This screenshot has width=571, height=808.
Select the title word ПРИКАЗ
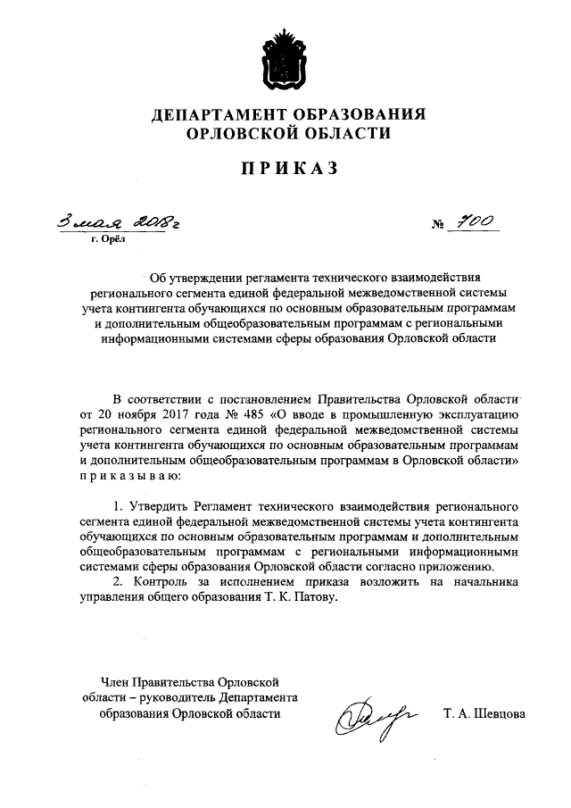point(285,170)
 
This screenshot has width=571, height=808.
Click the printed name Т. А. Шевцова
point(484,714)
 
